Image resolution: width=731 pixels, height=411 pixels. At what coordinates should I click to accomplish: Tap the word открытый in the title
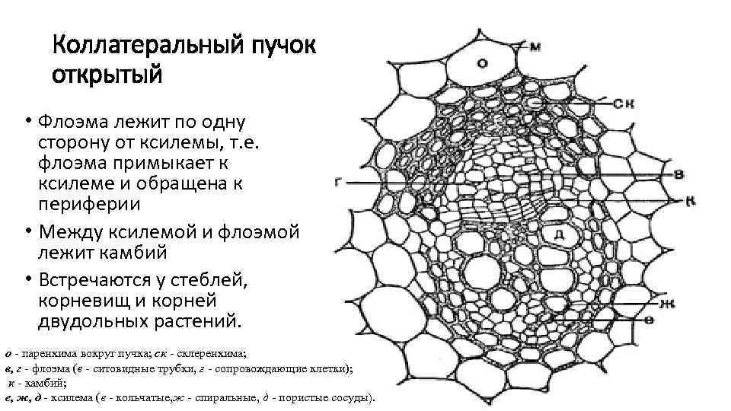(x=107, y=76)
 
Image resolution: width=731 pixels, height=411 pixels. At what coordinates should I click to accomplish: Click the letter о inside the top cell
(x=483, y=64)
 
